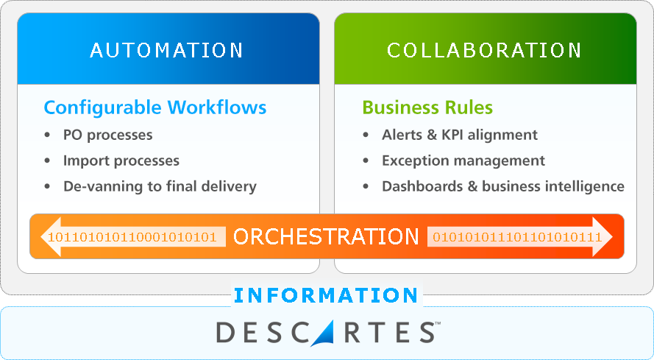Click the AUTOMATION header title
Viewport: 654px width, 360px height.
coord(167,50)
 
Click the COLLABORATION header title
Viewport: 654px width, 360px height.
coord(484,50)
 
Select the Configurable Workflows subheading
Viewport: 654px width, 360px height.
coord(154,107)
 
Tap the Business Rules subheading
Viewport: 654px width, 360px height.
coord(427,107)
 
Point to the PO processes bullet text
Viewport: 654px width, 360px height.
coord(107,135)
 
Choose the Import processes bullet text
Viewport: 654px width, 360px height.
coord(121,160)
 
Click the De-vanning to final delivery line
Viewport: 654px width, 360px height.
coord(160,186)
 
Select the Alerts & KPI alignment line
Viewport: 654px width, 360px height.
coord(459,135)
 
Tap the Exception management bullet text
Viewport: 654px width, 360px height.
coord(463,160)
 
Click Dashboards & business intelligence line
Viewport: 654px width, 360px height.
coord(502,186)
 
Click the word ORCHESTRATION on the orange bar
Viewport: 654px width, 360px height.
coord(326,236)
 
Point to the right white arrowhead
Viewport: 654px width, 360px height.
coord(611,236)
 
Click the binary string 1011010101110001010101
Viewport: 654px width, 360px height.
coord(132,237)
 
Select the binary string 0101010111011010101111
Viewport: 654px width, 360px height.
coord(517,237)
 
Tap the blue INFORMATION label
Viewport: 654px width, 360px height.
coord(326,296)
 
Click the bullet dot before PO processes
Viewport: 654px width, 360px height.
coord(48,135)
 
